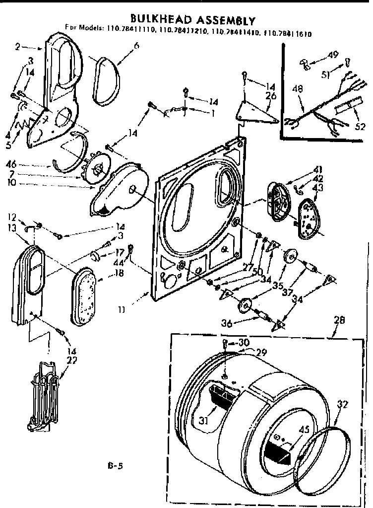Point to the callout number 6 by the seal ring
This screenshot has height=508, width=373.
(136, 46)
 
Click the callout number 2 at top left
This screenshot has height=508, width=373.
(18, 47)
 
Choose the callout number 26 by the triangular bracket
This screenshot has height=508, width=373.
(270, 95)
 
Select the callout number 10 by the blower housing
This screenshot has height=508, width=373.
(11, 182)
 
